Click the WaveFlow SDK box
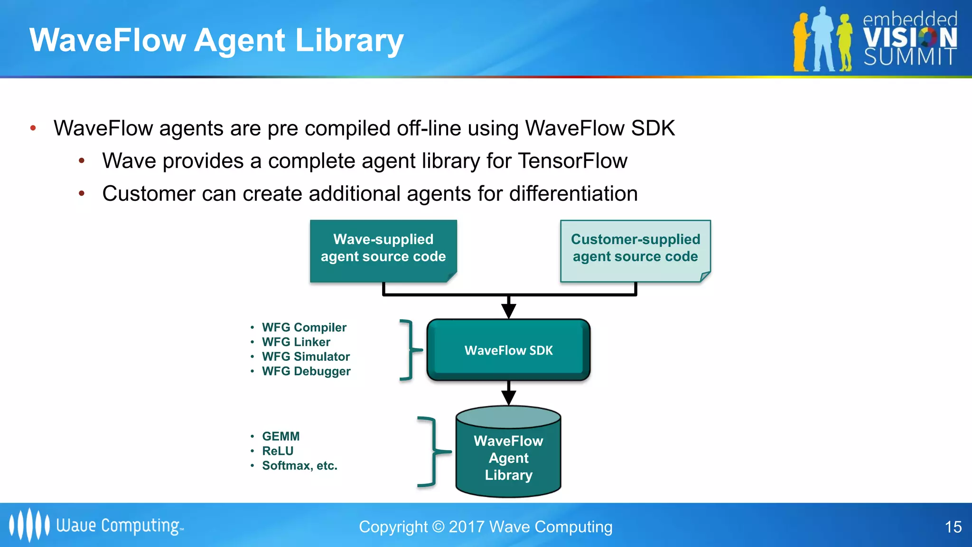[508, 350]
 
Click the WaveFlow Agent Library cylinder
[508, 457]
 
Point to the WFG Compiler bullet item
[304, 328]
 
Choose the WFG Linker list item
[296, 342]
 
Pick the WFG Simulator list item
[306, 357]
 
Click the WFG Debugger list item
[306, 371]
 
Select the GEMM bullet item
[280, 436]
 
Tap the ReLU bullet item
[278, 451]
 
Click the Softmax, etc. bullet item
[299, 466]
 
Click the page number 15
[953, 527]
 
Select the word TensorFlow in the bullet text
[572, 161]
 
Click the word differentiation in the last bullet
[573, 194]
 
